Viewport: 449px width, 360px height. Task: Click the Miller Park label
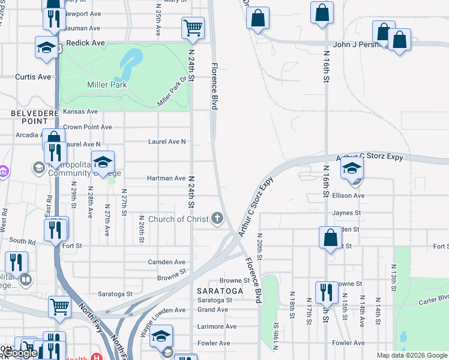tap(107, 85)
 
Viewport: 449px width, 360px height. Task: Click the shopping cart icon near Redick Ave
tap(193, 27)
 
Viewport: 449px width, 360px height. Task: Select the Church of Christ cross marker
tap(217, 219)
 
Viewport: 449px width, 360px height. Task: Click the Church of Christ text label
tap(178, 219)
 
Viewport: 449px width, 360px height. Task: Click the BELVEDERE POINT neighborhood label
tap(34, 117)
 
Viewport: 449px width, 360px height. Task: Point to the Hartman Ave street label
tap(166, 178)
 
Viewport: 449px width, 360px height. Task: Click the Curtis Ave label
tap(33, 77)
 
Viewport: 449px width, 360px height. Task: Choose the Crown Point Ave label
tap(88, 127)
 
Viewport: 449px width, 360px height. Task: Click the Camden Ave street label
tap(167, 262)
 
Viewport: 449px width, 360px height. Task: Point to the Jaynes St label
tap(347, 212)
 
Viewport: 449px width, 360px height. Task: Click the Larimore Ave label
tap(217, 326)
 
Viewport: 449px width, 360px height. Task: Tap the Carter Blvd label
tap(434, 298)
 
